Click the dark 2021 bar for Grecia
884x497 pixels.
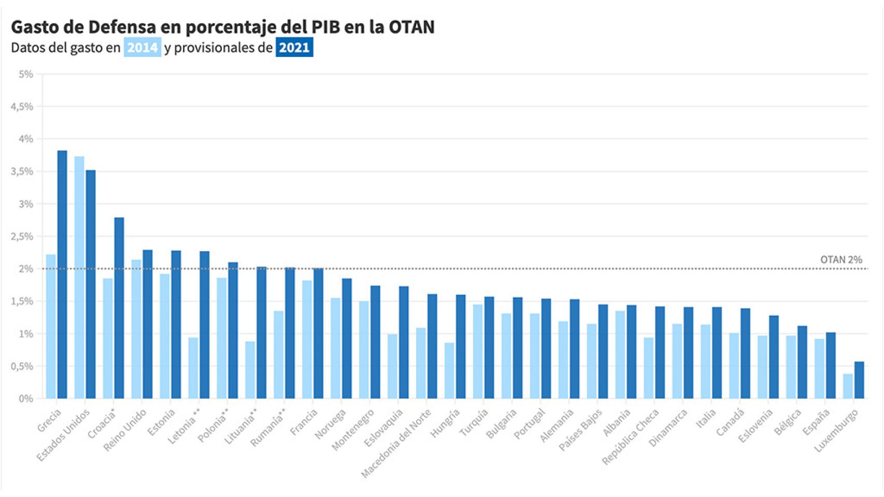pos(62,274)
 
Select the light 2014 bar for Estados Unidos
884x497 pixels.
pos(79,277)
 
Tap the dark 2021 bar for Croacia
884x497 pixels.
pos(119,308)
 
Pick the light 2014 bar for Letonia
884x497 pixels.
pos(193,368)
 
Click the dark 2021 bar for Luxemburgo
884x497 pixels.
pos(859,380)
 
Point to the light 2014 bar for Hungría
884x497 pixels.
pos(449,371)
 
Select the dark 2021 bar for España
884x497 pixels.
pos(831,366)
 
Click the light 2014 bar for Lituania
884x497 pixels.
pos(250,370)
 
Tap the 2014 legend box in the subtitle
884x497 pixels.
pos(142,48)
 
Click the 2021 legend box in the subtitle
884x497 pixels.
pos(294,48)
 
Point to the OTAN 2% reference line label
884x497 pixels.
pos(841,260)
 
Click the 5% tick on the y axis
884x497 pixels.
pos(26,75)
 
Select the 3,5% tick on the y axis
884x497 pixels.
pos(22,172)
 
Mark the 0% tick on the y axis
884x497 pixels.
pos(26,399)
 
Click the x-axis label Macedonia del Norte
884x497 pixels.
pos(396,443)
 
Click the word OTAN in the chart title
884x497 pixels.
pos(411,27)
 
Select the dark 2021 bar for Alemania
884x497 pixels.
pos(575,349)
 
